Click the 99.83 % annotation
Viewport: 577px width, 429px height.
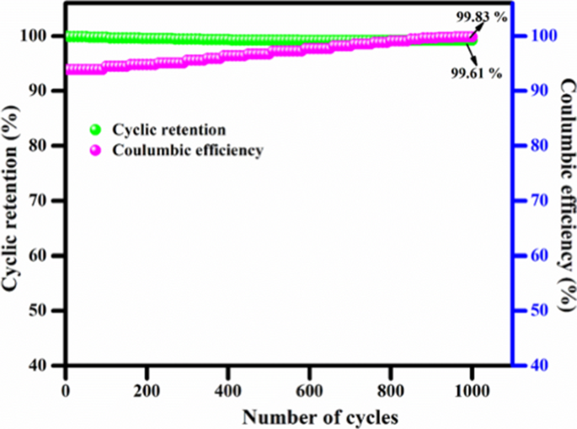click(483, 17)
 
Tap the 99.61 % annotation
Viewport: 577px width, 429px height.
click(476, 74)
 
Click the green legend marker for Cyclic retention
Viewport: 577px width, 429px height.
click(95, 130)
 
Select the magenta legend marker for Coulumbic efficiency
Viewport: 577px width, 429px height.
click(95, 151)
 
